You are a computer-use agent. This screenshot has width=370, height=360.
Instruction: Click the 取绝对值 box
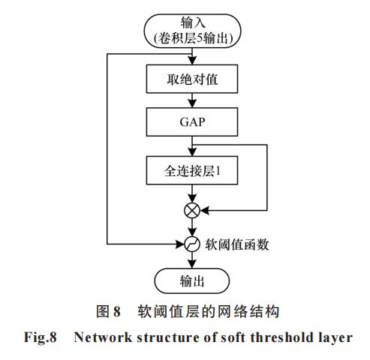click(x=192, y=79)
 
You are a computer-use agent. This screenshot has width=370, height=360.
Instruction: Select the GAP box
click(x=192, y=122)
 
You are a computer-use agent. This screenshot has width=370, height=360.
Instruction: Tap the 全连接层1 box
click(x=192, y=170)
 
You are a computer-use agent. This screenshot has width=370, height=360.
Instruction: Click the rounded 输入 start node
click(x=192, y=31)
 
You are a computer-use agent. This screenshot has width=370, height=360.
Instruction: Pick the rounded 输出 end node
click(x=192, y=281)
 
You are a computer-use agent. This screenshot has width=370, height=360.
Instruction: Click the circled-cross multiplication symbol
click(x=192, y=211)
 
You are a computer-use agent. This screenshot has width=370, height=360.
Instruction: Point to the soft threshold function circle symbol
click(x=192, y=244)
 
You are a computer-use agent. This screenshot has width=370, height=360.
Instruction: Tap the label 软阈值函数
click(x=237, y=244)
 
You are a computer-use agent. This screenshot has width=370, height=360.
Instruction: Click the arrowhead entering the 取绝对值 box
click(x=192, y=61)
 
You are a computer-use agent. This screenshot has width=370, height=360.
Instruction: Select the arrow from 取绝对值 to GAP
click(x=192, y=100)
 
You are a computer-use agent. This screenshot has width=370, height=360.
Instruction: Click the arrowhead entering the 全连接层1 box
click(x=192, y=152)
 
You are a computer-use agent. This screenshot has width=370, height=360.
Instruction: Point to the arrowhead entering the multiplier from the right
click(x=204, y=211)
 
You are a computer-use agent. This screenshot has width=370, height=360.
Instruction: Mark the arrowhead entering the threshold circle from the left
click(x=180, y=244)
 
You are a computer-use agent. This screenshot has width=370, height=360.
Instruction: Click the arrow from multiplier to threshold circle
click(x=192, y=227)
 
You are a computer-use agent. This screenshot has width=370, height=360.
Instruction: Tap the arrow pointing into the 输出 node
click(x=192, y=260)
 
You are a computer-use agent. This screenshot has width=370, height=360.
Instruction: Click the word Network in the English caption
click(x=103, y=337)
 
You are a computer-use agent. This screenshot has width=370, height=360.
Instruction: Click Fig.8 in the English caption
click(x=41, y=337)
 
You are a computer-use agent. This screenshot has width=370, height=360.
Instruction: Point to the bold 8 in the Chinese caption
click(x=117, y=311)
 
